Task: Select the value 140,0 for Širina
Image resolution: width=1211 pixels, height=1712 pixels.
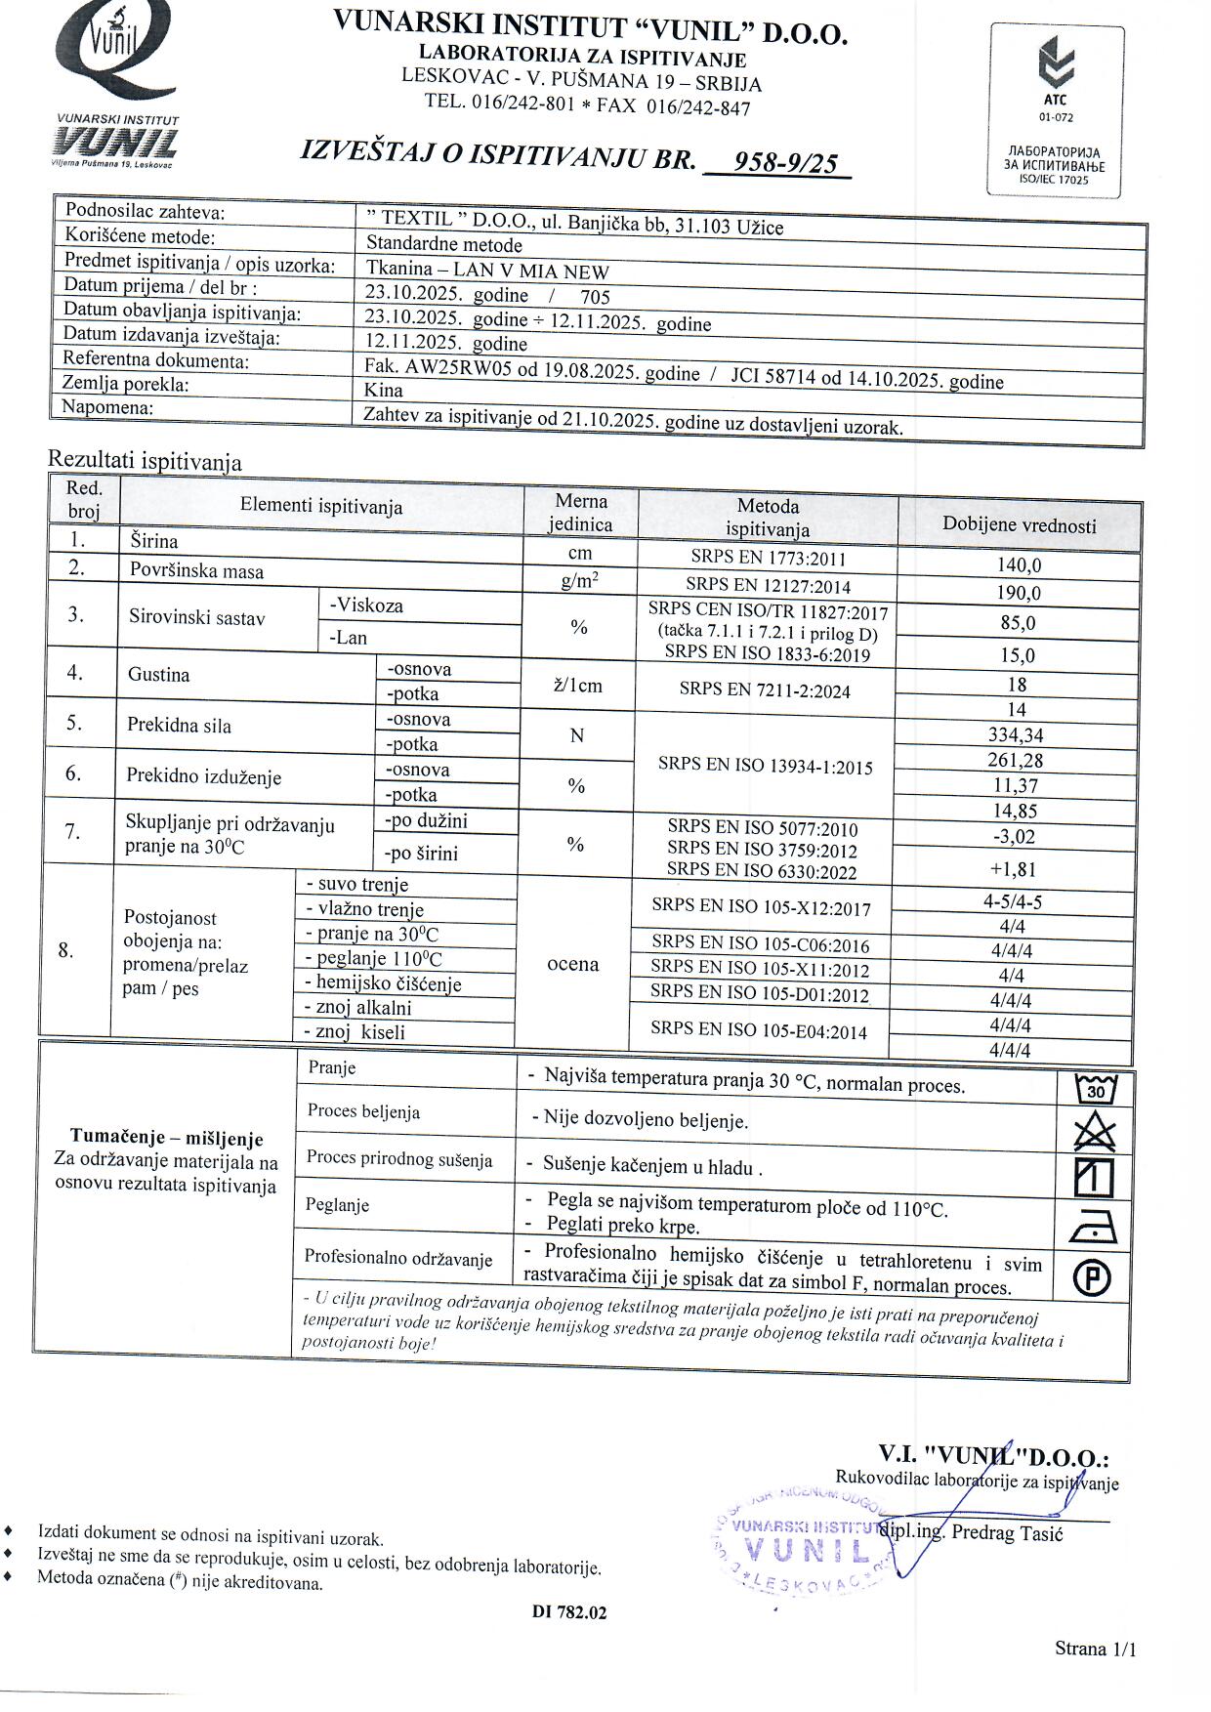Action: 1019,565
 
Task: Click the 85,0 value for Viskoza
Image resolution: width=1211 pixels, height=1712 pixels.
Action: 1018,623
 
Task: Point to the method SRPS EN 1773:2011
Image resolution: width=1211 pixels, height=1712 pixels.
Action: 768,560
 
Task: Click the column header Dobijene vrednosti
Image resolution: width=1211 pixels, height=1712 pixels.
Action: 1019,525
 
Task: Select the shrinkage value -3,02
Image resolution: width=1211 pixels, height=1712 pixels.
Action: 1013,837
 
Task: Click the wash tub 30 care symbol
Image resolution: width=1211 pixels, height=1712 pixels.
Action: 1095,1088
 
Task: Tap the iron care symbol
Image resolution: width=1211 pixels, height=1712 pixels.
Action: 1094,1225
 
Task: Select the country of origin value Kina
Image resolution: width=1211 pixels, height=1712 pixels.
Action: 383,390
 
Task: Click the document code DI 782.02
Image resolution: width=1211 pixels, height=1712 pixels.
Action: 569,1612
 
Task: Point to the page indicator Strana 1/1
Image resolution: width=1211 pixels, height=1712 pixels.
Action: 1096,1649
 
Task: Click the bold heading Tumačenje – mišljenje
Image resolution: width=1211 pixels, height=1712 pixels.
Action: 166,1139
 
